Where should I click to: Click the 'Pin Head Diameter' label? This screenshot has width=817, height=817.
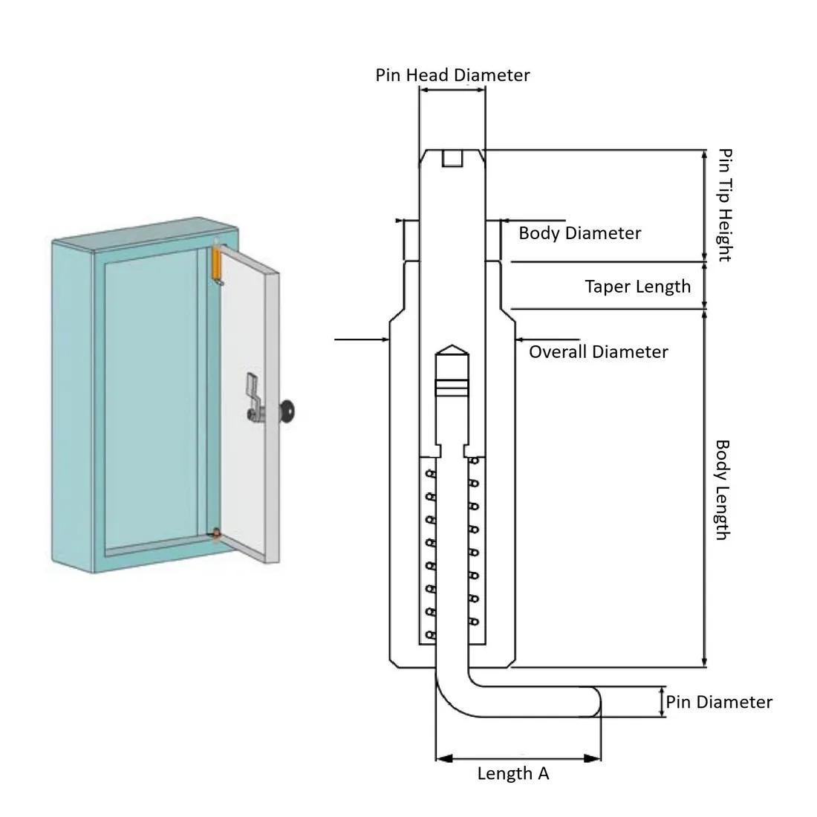click(x=452, y=75)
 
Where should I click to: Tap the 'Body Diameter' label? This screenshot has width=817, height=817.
click(x=579, y=233)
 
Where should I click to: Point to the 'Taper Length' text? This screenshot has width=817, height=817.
click(x=637, y=287)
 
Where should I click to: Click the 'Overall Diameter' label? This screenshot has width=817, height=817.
click(x=598, y=352)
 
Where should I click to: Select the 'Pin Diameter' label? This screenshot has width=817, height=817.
click(x=718, y=702)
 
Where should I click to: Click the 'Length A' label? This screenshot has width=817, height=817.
click(x=513, y=774)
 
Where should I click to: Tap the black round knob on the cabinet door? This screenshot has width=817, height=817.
click(x=287, y=408)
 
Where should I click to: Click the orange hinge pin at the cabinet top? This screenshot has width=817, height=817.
click(x=218, y=264)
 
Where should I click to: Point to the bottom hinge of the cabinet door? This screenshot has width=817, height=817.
click(x=216, y=533)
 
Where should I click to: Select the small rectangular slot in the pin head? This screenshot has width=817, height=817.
click(x=452, y=158)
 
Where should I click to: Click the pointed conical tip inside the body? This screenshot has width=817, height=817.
click(x=452, y=352)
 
